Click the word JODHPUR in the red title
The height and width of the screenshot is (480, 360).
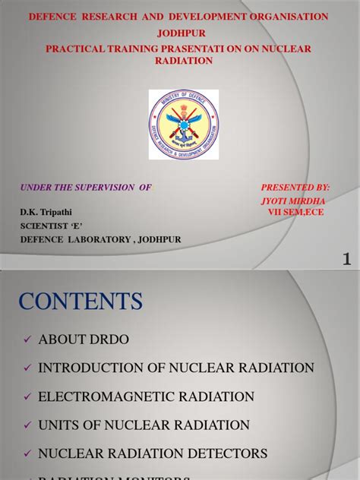click(x=180, y=33)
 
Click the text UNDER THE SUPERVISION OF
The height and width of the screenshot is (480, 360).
click(x=85, y=186)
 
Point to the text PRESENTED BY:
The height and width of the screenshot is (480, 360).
click(x=295, y=186)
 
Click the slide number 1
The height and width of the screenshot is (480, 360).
click(x=347, y=259)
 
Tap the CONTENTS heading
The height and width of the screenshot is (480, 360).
click(x=81, y=301)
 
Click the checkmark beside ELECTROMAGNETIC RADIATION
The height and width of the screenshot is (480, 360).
click(x=27, y=396)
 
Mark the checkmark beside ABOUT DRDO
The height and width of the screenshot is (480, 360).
click(x=27, y=339)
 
